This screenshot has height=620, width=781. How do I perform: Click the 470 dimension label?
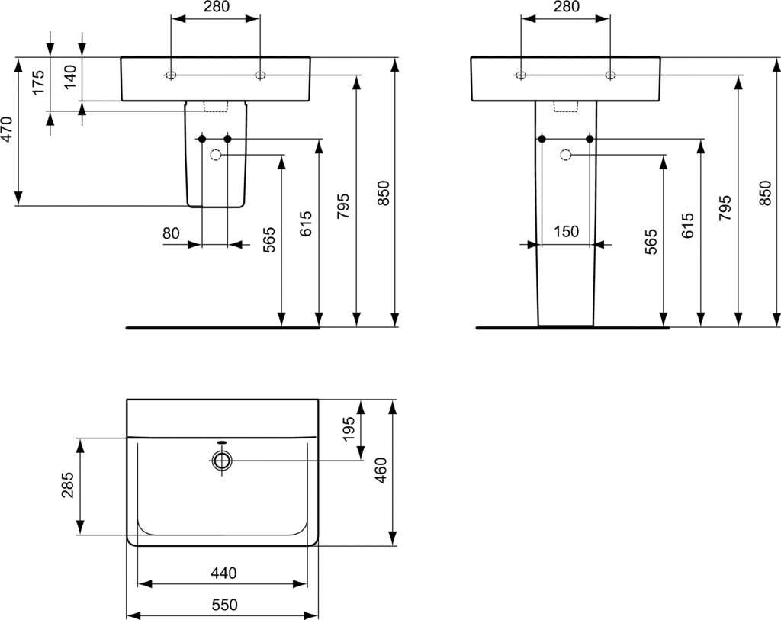(6, 129)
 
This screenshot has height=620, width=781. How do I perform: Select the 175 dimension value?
(38, 82)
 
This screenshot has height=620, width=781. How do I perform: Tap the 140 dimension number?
(70, 77)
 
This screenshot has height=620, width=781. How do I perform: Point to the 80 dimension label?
(171, 233)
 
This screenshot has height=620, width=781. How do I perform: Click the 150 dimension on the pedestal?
(567, 232)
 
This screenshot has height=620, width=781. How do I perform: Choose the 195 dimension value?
(349, 429)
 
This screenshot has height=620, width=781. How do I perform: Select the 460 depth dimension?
(381, 471)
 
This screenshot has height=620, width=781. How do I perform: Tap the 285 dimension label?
(67, 485)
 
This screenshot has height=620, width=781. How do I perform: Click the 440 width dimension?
(223, 573)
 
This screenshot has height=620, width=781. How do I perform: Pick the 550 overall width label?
(224, 605)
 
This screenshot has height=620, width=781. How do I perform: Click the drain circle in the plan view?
(222, 461)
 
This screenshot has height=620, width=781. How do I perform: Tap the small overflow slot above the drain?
(222, 442)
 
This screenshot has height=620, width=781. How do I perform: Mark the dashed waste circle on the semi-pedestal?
(216, 156)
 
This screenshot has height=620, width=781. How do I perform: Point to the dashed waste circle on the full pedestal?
(565, 156)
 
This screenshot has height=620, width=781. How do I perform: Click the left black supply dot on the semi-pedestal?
(202, 139)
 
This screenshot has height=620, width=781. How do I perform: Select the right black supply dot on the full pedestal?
(590, 139)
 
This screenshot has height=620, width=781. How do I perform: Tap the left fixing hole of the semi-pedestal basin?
(171, 75)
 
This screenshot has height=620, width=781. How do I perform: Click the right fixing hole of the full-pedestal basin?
(610, 75)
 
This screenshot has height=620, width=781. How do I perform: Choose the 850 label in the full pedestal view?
(765, 193)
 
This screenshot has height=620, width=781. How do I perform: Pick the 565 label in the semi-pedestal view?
(268, 239)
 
